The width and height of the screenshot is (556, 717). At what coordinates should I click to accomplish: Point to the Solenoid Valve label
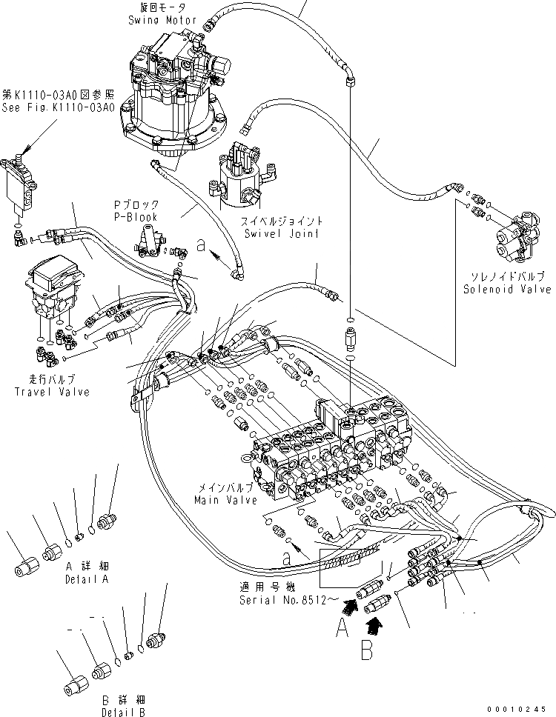(496, 281)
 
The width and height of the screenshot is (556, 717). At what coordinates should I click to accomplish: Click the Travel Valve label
(52, 386)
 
